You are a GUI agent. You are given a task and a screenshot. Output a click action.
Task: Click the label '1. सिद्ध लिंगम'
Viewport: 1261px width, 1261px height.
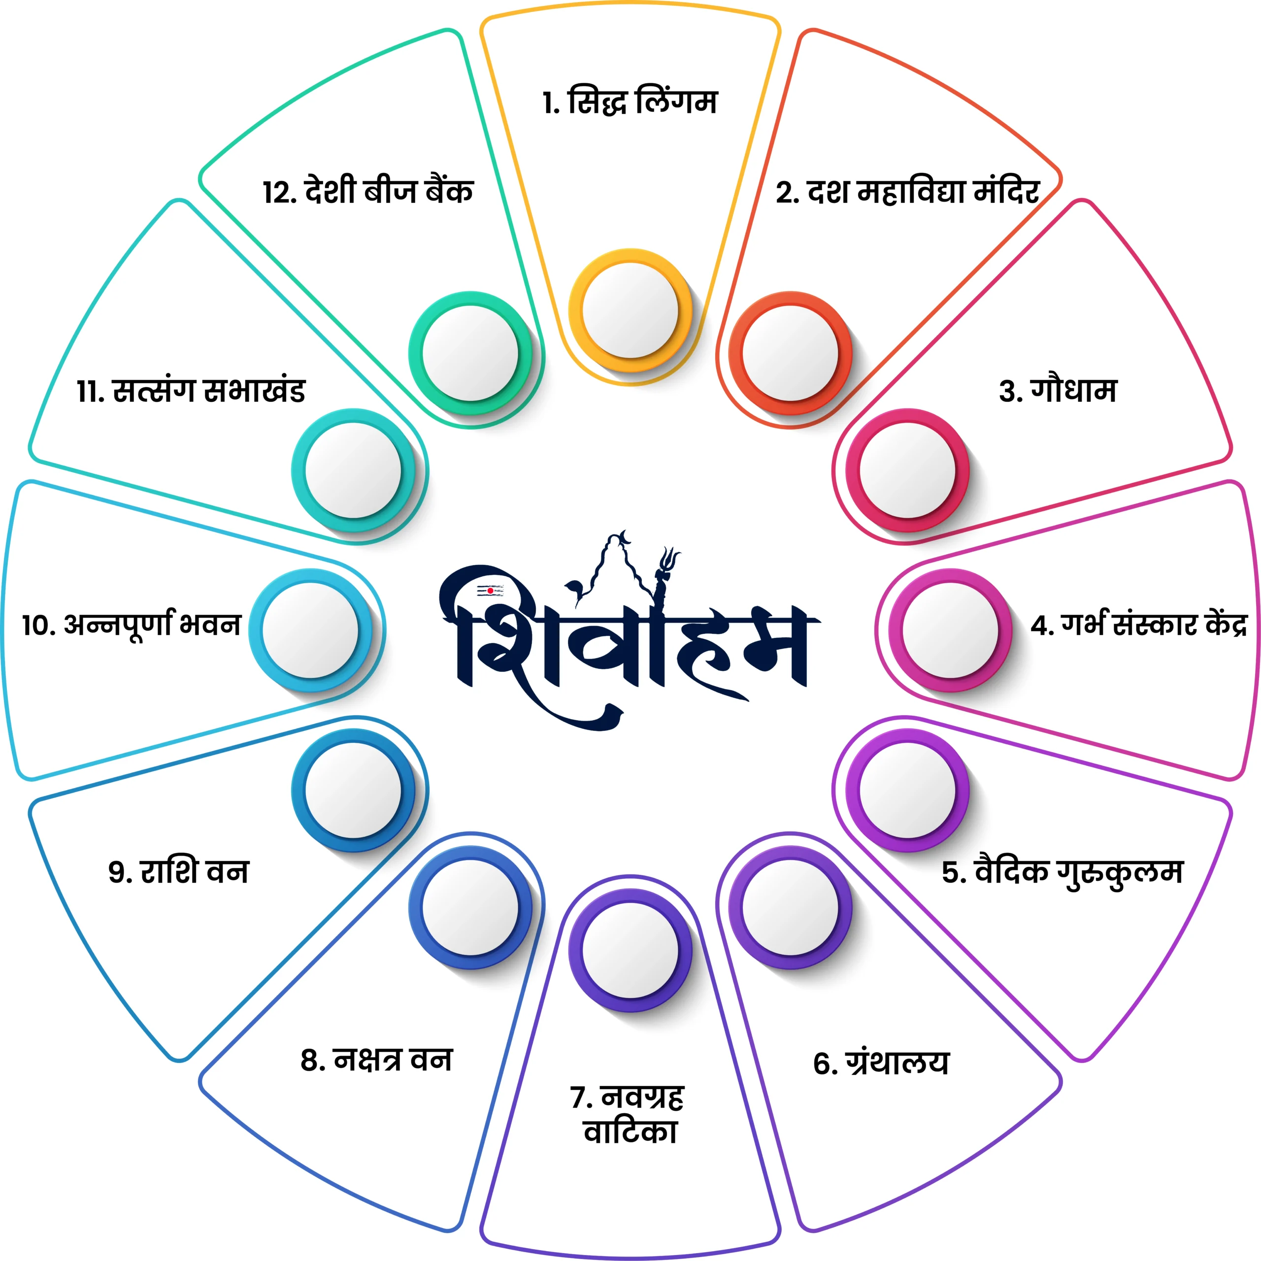[x=630, y=101]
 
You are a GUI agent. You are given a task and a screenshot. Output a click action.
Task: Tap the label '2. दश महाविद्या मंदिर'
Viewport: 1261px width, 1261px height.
[x=907, y=191]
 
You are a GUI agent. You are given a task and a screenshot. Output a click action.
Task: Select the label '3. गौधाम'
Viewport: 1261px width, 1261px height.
[x=1058, y=390]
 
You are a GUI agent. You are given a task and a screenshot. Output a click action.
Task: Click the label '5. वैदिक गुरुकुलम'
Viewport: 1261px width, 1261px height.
[x=1062, y=873]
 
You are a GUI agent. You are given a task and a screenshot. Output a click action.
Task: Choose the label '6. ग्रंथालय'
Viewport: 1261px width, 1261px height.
[x=881, y=1062]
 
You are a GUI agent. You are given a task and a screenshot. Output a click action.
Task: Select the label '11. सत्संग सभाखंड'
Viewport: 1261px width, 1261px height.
[x=191, y=390]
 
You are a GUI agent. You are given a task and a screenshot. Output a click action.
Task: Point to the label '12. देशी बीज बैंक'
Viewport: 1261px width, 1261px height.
[x=368, y=191]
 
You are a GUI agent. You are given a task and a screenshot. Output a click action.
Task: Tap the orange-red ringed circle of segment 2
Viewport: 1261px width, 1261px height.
[x=791, y=353]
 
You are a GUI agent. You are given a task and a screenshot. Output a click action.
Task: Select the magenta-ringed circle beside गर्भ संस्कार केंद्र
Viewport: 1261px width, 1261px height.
[x=950, y=630]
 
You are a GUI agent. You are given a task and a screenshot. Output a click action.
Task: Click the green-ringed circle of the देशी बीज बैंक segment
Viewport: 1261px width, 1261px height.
[x=470, y=353]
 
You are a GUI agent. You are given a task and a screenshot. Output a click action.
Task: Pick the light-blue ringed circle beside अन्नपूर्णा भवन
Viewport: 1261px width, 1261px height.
[x=311, y=630]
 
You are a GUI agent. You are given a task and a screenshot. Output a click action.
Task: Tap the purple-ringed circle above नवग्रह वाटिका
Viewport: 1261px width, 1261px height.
[x=630, y=950]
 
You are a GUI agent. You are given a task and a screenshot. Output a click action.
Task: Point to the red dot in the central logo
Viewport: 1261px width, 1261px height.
[x=490, y=591]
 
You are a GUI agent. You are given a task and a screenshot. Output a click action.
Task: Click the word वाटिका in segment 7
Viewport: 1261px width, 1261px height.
[x=630, y=1132]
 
